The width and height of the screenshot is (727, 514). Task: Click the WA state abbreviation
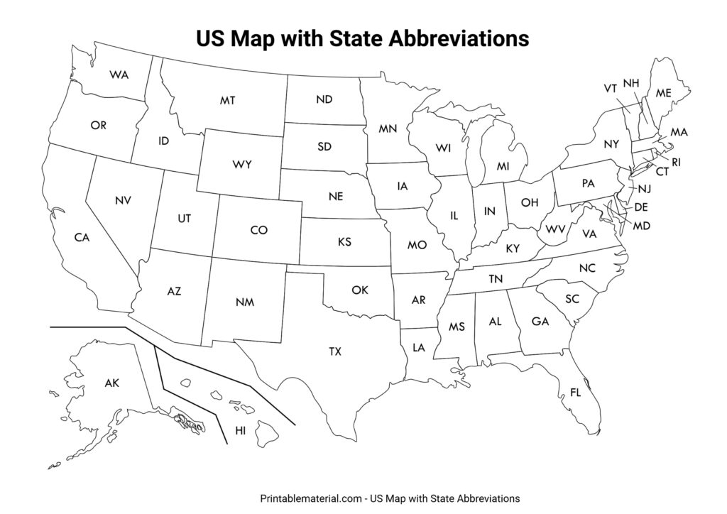[x=119, y=75]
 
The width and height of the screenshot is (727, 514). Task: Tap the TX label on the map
[x=334, y=351]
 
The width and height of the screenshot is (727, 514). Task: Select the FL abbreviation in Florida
[x=575, y=393]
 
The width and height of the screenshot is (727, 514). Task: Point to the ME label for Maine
[x=663, y=93]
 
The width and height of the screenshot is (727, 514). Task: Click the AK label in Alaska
[x=111, y=383]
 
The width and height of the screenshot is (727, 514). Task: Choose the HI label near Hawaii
[x=240, y=430]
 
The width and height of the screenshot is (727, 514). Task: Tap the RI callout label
[x=676, y=162]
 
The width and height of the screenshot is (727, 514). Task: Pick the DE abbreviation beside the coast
[x=640, y=207]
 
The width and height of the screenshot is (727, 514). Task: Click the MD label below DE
[x=641, y=226]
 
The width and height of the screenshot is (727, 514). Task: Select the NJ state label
[x=644, y=188]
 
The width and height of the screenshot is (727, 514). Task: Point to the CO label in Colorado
[x=259, y=230]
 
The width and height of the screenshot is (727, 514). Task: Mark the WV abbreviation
[x=555, y=229]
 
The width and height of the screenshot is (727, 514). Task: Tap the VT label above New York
[x=610, y=89]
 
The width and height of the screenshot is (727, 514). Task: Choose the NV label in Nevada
[x=122, y=201]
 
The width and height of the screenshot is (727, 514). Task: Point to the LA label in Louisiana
[x=418, y=348]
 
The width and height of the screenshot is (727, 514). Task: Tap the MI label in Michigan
[x=503, y=166]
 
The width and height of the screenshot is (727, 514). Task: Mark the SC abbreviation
[x=572, y=299]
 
